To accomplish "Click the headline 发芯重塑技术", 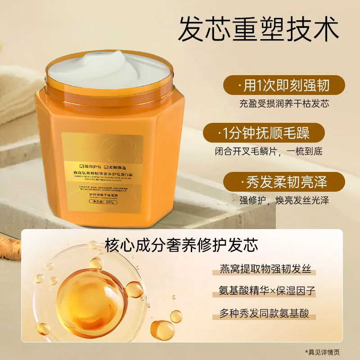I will (258, 30).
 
